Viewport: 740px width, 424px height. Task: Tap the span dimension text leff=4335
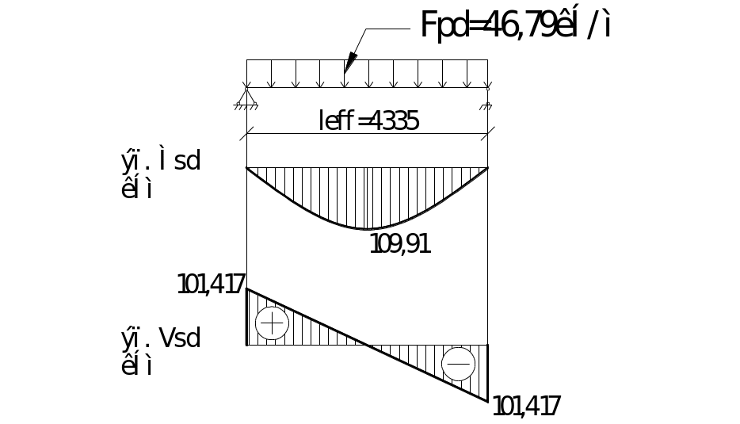click(368, 120)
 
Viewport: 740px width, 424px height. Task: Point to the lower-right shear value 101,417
click(527, 407)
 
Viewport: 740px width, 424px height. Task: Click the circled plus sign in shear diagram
click(273, 323)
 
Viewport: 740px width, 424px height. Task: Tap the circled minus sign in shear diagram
click(459, 364)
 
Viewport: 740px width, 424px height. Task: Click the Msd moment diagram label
click(161, 161)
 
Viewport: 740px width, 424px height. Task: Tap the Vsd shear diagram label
click(161, 338)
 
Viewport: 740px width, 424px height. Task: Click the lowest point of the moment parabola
click(368, 229)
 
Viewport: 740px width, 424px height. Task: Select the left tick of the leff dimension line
click(247, 133)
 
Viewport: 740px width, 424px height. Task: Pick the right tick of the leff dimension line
click(488, 133)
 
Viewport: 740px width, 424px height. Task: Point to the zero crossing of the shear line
click(368, 345)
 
